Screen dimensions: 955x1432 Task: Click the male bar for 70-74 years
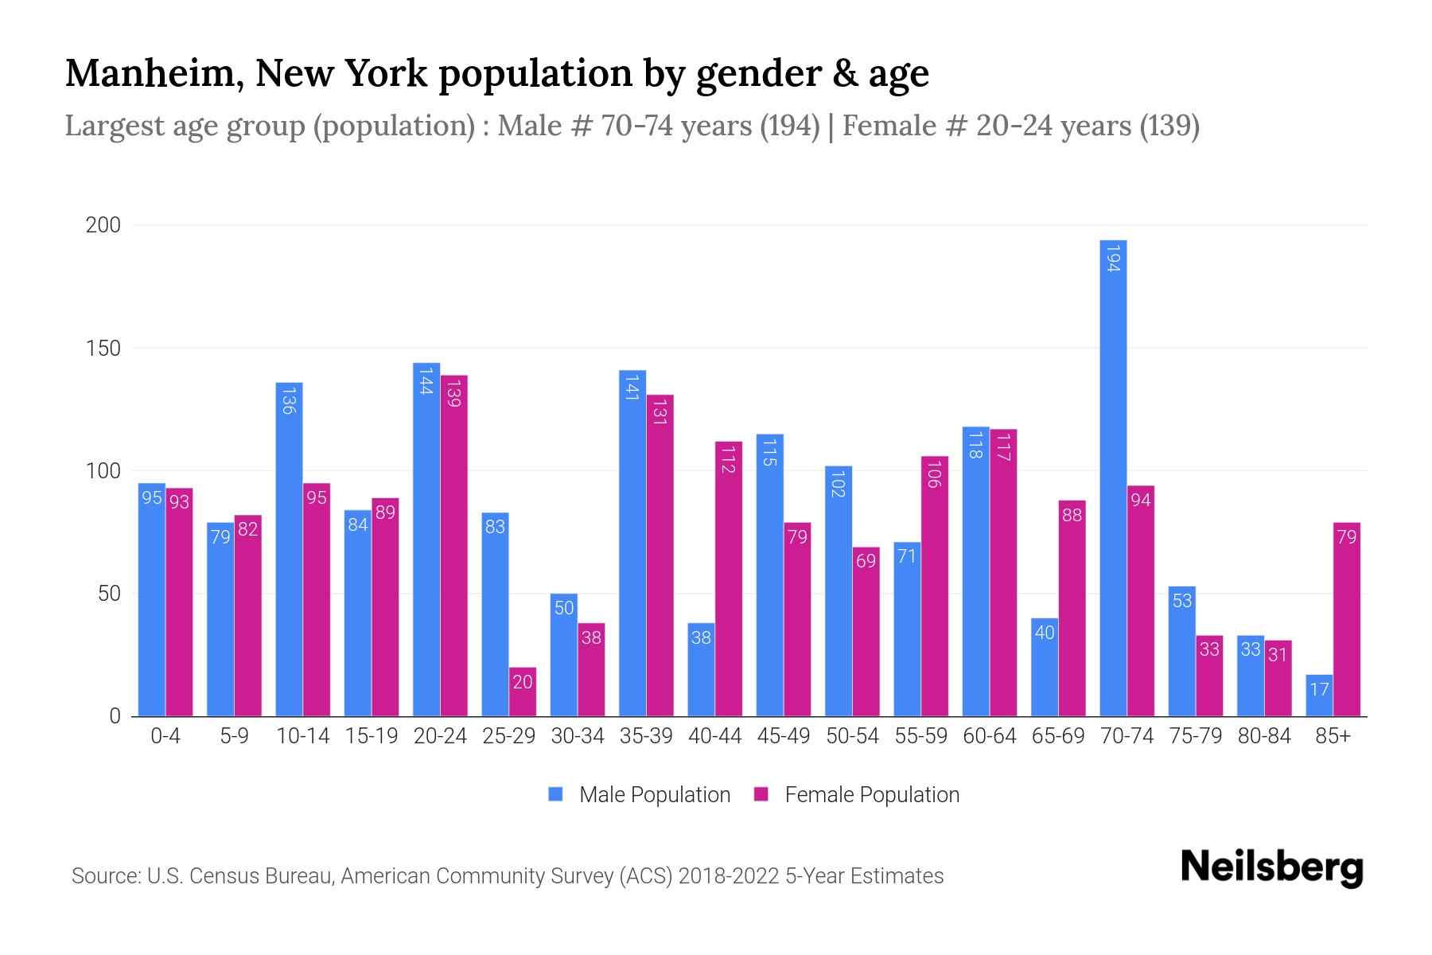(1113, 477)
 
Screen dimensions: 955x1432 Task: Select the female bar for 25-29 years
(523, 692)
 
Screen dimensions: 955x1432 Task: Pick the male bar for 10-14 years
(289, 549)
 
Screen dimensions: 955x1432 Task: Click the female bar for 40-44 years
(729, 579)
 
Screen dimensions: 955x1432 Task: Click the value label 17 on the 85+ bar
(1319, 689)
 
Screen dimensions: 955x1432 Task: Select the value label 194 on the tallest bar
(1113, 258)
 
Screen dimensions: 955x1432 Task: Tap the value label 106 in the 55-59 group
(934, 474)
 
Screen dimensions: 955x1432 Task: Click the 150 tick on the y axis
(103, 349)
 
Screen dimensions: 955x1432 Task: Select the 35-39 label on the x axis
(646, 736)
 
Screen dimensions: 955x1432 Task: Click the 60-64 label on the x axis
(989, 736)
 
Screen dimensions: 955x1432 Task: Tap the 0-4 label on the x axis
(165, 736)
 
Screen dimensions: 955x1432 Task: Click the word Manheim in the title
(154, 74)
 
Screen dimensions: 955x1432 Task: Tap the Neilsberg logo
(1271, 867)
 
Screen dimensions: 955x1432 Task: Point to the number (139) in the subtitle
(1169, 126)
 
